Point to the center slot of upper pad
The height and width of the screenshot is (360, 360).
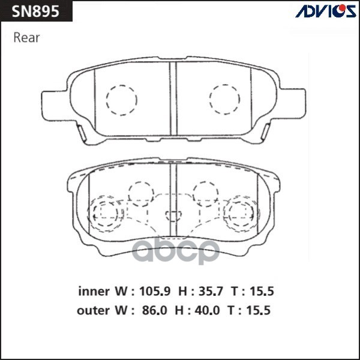point(173,98)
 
